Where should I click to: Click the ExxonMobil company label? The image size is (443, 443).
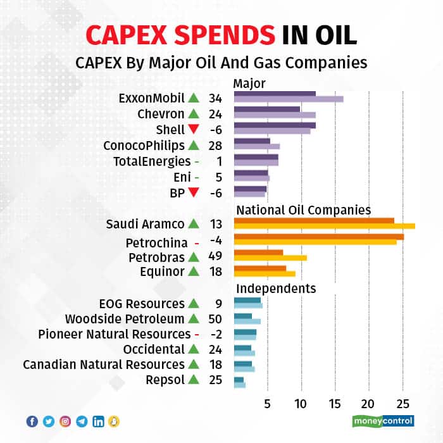pyautogui.click(x=151, y=99)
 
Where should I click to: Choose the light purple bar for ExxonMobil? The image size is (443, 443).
pyautogui.click(x=289, y=99)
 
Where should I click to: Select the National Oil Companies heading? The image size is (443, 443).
pyautogui.click(x=303, y=209)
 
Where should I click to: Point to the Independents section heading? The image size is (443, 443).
pyautogui.click(x=275, y=289)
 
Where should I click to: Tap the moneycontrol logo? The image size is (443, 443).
pyautogui.click(x=382, y=420)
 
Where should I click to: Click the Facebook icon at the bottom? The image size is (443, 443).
pyautogui.click(x=32, y=421)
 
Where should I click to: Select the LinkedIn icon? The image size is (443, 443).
pyautogui.click(x=98, y=421)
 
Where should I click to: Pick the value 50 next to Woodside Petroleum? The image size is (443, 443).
pyautogui.click(x=215, y=318)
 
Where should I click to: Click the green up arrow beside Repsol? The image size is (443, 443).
pyautogui.click(x=193, y=380)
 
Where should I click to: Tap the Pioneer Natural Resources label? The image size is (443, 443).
pyautogui.click(x=114, y=334)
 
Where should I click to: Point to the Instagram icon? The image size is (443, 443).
pyautogui.click(x=65, y=421)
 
